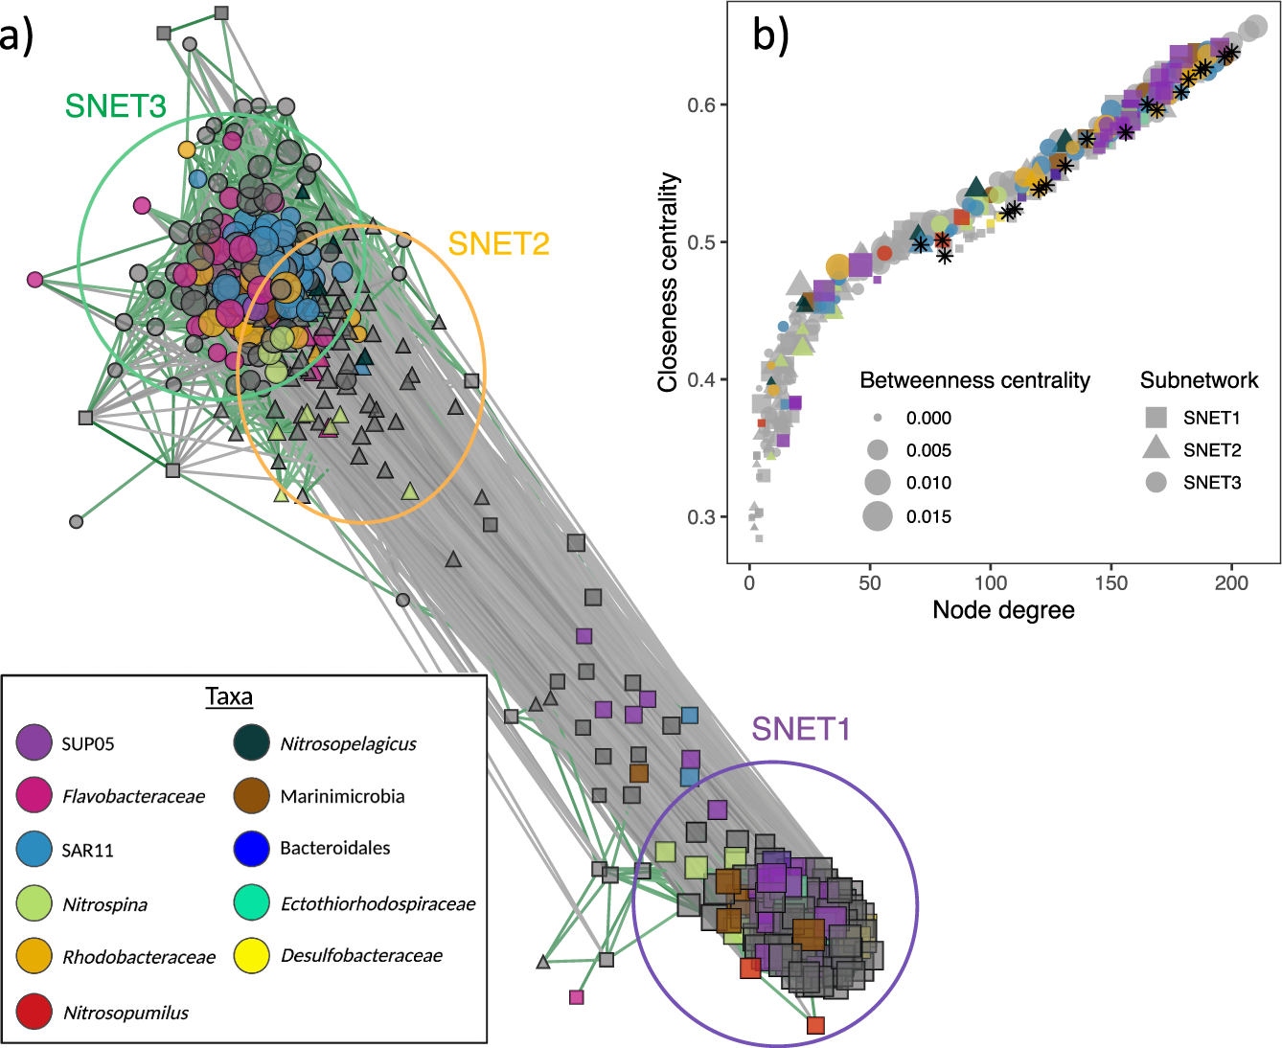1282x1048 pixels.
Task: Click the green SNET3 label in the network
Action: (115, 105)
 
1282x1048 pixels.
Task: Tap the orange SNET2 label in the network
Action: (498, 244)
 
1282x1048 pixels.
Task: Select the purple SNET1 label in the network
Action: (801, 729)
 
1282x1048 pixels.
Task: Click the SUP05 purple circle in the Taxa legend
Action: (34, 743)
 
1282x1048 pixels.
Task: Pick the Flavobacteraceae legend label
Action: (133, 796)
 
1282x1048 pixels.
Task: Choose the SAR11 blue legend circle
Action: (34, 850)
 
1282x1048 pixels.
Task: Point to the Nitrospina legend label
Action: (104, 904)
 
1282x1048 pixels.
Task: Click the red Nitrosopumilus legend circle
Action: (34, 1012)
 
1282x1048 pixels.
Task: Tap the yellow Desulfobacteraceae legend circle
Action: (251, 955)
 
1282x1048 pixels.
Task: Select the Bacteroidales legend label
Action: (334, 848)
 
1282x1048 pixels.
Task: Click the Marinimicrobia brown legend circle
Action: (251, 796)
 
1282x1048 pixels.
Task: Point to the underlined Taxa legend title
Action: (229, 696)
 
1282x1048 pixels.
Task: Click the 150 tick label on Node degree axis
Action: (1110, 582)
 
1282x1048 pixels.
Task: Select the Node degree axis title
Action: (1003, 610)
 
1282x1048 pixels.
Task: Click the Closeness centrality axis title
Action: (668, 283)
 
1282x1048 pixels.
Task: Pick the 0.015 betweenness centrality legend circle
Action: (878, 516)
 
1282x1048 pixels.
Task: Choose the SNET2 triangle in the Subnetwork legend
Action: (1156, 448)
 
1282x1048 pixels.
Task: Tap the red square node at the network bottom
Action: (815, 1026)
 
